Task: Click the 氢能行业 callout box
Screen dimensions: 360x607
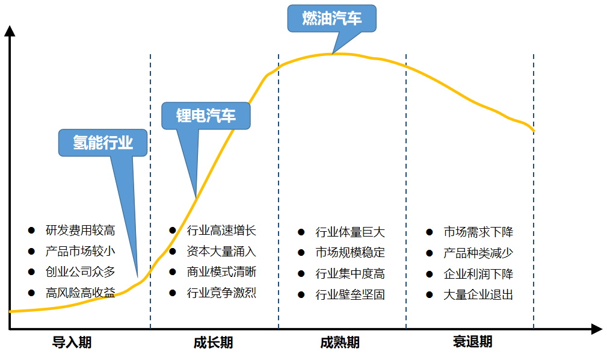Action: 103,143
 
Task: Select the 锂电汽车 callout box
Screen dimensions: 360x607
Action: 206,116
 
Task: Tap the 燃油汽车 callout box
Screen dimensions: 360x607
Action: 331,19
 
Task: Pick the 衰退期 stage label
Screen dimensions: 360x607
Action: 472,343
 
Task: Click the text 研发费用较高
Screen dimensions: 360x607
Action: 80,231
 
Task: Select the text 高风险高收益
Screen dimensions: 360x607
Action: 80,293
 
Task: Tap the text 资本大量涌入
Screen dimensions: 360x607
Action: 221,252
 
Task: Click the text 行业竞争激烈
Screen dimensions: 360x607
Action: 221,293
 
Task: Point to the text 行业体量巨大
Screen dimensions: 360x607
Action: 350,232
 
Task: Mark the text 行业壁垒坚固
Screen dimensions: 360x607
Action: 350,295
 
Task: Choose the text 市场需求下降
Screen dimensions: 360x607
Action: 478,232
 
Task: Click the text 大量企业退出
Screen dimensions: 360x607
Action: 478,295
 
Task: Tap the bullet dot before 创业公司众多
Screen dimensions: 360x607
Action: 32,272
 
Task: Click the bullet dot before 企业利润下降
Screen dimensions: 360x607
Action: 430,274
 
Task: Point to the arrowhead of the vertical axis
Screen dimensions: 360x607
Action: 10,30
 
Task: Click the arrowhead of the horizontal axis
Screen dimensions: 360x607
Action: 596,329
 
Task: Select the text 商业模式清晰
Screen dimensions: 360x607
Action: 221,272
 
